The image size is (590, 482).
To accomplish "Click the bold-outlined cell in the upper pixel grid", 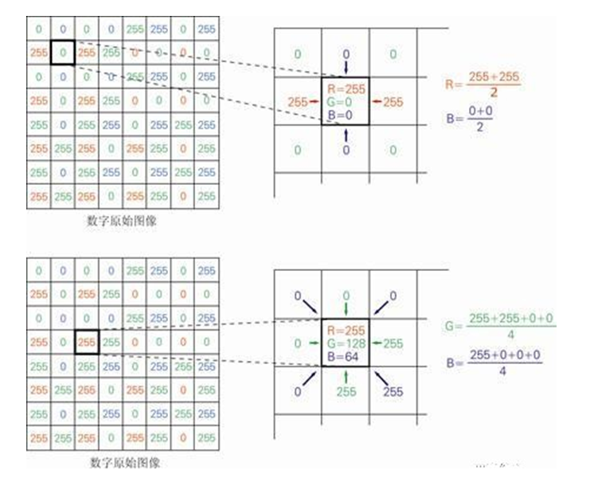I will (62, 53).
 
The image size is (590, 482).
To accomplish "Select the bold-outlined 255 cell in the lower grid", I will (86, 341).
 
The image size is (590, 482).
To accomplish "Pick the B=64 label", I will (343, 356).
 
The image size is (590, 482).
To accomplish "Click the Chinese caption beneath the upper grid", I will (122, 221).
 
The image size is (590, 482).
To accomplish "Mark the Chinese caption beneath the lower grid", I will (122, 462).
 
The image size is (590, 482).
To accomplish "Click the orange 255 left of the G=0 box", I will (298, 101).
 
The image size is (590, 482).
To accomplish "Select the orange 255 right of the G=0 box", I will (393, 101).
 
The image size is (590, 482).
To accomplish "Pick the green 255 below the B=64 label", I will (346, 391).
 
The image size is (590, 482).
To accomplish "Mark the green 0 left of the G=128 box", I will (297, 343).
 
